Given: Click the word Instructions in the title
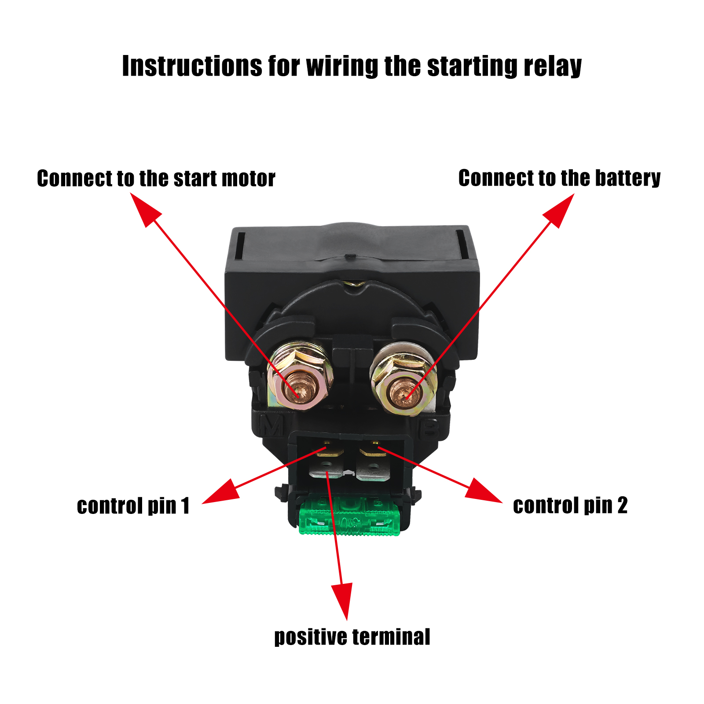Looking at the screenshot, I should point(192,67).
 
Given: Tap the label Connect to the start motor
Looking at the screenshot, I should point(156,179).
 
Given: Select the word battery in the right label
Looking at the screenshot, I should point(627,179).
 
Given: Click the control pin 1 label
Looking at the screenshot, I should point(133,506).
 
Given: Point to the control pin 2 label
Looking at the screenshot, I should point(570,506).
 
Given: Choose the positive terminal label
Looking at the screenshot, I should point(352,637).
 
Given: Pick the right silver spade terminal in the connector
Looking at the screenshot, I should point(373,469).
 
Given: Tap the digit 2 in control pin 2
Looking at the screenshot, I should point(622,506).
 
